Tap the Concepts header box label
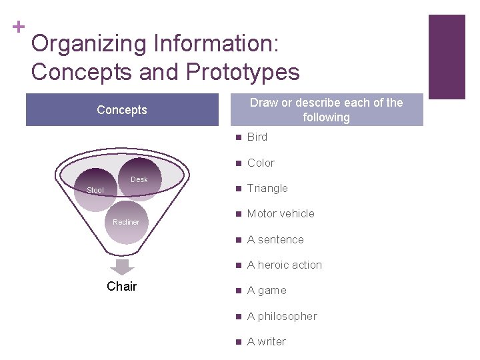pyautogui.click(x=122, y=110)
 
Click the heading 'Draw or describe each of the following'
pyautogui.click(x=326, y=110)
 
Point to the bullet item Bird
pyautogui.click(x=257, y=137)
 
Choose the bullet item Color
pyautogui.click(x=261, y=163)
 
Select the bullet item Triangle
pyautogui.click(x=267, y=188)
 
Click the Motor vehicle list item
pyautogui.click(x=280, y=213)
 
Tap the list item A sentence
pyautogui.click(x=275, y=239)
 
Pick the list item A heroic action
pyautogui.click(x=284, y=265)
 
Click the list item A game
pyautogui.click(x=266, y=290)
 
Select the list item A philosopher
pyautogui.click(x=281, y=316)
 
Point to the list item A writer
pyautogui.click(x=266, y=341)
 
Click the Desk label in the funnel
pyautogui.click(x=139, y=179)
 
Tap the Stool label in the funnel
pyautogui.click(x=95, y=190)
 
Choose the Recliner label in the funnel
pyautogui.click(x=126, y=222)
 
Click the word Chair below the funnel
pyautogui.click(x=122, y=286)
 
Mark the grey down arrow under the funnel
pyautogui.click(x=122, y=267)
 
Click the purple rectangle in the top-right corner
pyautogui.click(x=446, y=57)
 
